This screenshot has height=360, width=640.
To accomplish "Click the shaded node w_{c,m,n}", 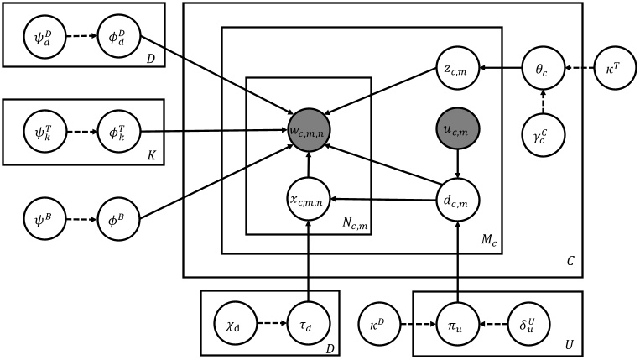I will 308,130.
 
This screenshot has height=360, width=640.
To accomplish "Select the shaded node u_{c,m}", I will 458,130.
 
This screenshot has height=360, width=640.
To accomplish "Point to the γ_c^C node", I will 543,130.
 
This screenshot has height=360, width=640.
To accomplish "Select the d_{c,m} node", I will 458,200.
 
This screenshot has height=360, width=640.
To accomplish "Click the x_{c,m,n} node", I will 308,200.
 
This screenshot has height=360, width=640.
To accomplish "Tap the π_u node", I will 458,322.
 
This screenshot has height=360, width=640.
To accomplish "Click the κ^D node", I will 378,322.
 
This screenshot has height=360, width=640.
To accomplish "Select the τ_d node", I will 308,322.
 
